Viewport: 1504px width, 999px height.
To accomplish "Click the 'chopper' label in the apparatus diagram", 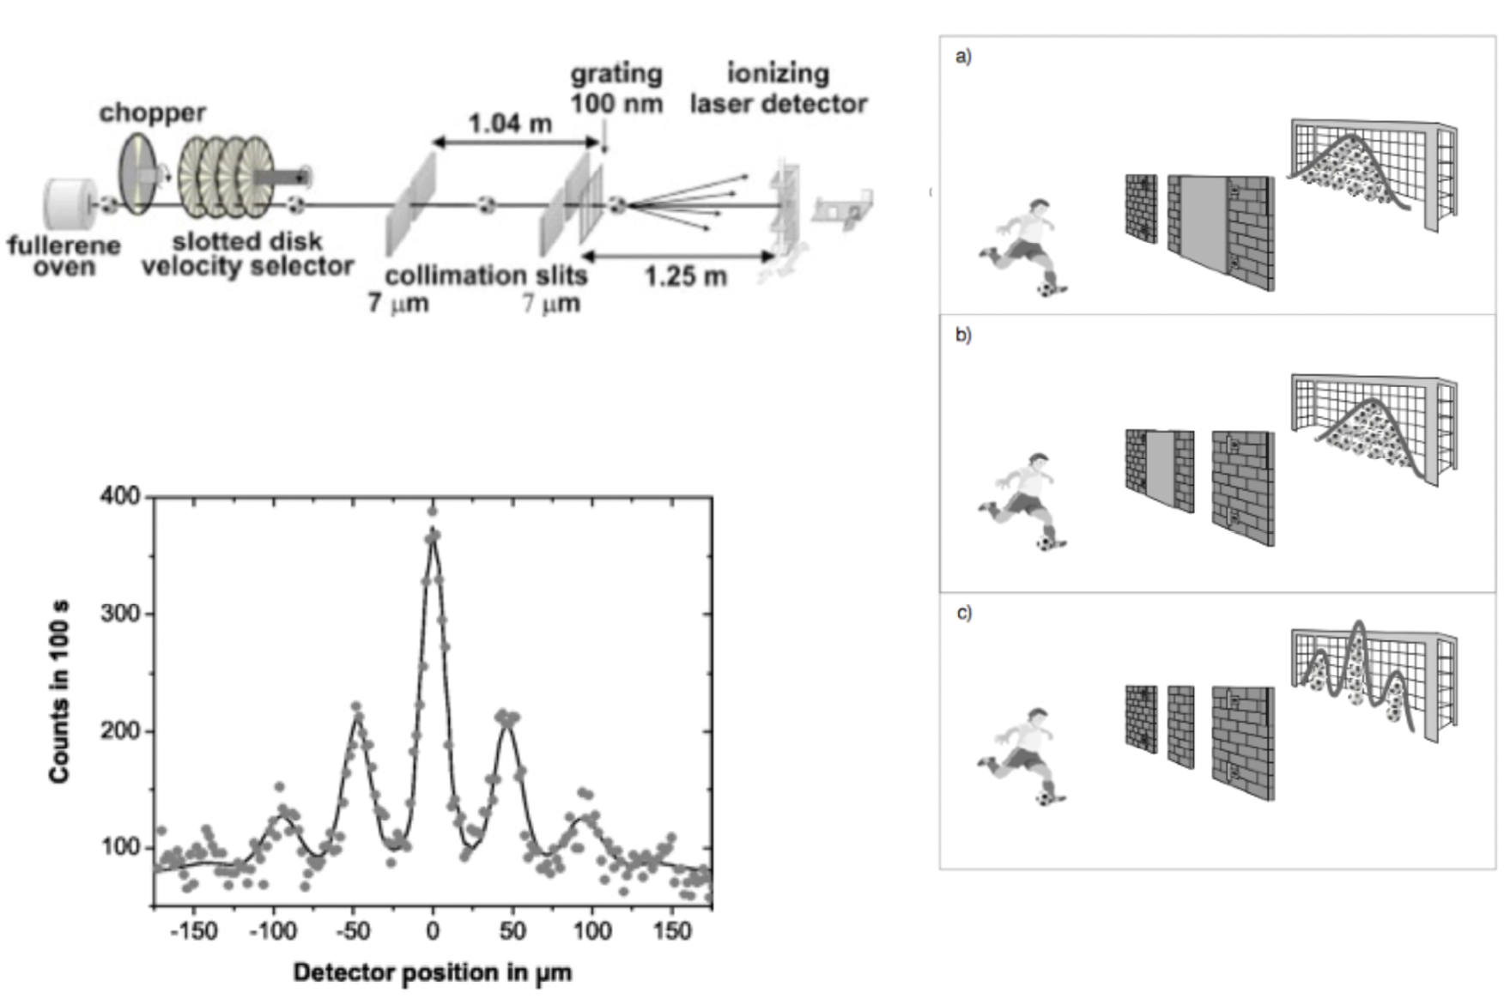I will [x=152, y=112].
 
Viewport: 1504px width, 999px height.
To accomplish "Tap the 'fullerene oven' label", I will [x=64, y=256].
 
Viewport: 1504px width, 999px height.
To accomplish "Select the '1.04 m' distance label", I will [x=510, y=124].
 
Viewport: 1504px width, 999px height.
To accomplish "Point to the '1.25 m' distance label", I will [x=685, y=276].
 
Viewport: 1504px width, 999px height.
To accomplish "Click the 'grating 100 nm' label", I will [x=616, y=88].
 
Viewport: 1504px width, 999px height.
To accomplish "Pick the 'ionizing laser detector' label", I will [x=778, y=88].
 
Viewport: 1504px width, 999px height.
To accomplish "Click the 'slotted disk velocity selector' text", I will [x=247, y=254].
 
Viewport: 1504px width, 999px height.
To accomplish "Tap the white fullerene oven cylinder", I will [x=65, y=204].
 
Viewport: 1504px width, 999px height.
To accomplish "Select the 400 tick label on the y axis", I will [x=119, y=496].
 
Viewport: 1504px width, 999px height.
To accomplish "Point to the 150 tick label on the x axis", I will [x=671, y=931].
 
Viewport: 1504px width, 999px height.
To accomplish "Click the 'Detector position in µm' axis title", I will [x=432, y=972].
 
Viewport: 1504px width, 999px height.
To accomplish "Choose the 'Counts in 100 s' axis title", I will [x=59, y=691].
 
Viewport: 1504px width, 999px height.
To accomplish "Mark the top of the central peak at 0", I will [x=433, y=528].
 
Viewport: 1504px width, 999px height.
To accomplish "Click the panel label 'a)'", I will [x=963, y=57].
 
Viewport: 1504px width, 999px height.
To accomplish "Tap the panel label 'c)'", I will [x=963, y=613].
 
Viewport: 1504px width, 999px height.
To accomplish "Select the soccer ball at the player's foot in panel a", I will [x=1046, y=289].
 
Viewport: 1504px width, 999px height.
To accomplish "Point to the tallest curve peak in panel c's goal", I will [x=1357, y=624].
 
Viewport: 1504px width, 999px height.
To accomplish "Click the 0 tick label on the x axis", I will [x=433, y=931].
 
